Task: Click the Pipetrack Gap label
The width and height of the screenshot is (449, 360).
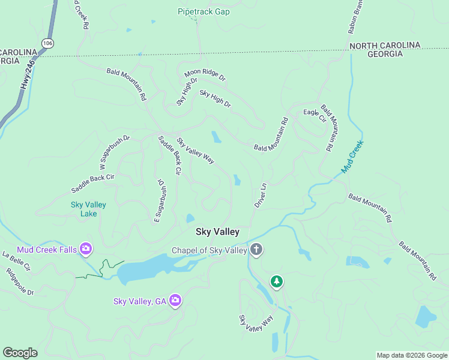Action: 203,11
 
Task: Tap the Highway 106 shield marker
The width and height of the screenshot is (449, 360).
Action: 47,43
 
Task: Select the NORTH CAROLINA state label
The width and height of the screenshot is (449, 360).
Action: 385,46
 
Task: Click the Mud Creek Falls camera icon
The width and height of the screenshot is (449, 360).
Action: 85,248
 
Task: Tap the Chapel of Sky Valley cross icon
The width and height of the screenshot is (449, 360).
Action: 256,250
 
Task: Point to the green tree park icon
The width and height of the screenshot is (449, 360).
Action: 276,281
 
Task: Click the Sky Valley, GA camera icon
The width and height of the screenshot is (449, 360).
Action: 175,300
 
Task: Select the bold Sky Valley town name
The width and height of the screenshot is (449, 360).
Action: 217,232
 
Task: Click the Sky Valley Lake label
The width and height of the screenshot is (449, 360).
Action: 88,209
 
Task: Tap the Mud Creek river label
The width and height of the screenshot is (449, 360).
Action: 352,157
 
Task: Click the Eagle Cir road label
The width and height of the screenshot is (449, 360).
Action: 314,115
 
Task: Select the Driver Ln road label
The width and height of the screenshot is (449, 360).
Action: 260,196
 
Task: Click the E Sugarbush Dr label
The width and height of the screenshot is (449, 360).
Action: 161,200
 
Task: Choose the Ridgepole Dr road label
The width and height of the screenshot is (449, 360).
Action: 20,281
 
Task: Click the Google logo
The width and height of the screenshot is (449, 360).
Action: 20,353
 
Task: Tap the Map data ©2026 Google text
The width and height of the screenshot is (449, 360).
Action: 411,355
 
